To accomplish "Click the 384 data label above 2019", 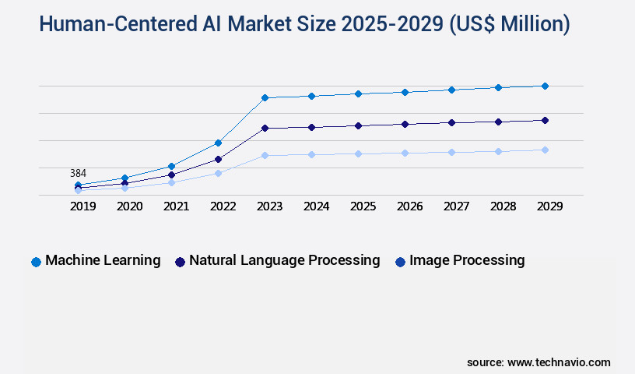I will [x=78, y=173].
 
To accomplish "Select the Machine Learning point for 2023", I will [x=265, y=97].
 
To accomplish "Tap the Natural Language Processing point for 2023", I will [x=265, y=128].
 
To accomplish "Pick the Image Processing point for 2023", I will [x=265, y=155].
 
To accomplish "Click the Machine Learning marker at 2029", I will [x=545, y=86].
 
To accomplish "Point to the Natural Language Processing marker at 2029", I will [x=545, y=120].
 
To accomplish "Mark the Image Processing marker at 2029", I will [x=545, y=150].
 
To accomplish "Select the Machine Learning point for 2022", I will [x=218, y=143].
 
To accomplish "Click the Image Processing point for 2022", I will [x=218, y=173].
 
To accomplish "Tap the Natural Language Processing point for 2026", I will [x=405, y=124].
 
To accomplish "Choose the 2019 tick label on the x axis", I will [x=82, y=206].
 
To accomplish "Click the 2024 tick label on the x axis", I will [x=316, y=206].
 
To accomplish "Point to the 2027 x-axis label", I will [x=456, y=206].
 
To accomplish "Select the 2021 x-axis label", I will [x=176, y=206].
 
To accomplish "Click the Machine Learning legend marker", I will [x=36, y=262].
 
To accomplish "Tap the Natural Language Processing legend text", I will [x=284, y=260].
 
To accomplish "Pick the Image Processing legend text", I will [x=467, y=260].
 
